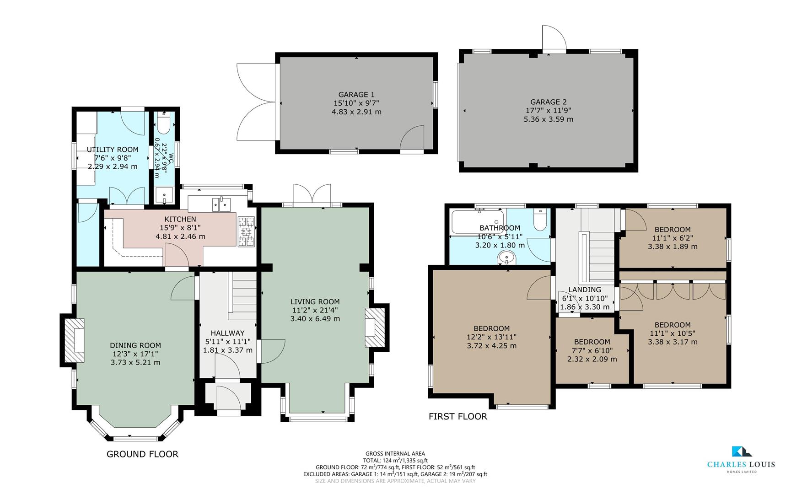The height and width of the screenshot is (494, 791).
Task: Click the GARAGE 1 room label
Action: click(x=356, y=95)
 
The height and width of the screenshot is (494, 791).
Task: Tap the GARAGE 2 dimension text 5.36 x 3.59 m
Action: click(x=548, y=119)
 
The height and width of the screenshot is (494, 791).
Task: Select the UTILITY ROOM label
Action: click(x=113, y=150)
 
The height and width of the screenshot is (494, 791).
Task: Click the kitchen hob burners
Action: click(x=246, y=232)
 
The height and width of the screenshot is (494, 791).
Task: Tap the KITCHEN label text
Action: click(x=180, y=220)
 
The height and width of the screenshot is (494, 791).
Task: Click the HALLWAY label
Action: click(x=227, y=333)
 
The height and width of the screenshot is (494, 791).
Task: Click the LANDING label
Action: click(x=585, y=290)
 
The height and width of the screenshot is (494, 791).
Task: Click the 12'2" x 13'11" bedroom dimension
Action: click(x=491, y=337)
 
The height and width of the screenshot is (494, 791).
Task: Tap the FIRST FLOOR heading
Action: click(x=457, y=416)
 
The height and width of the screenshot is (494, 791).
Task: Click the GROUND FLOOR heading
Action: click(x=142, y=454)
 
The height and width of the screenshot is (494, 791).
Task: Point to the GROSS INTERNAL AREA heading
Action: click(x=395, y=454)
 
